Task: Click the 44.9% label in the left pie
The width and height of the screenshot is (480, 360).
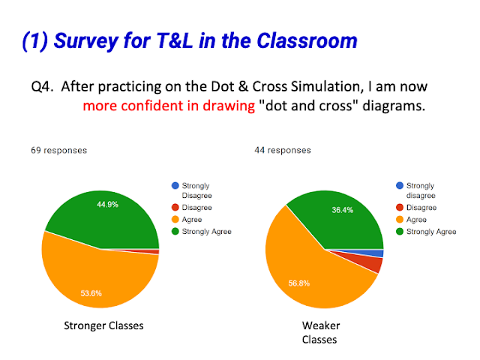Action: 107,205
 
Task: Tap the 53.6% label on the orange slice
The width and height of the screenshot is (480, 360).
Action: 91,293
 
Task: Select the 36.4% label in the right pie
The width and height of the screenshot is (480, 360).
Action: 343,210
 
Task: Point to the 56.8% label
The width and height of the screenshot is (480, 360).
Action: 299,283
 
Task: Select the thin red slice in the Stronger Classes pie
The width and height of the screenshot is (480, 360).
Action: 150,252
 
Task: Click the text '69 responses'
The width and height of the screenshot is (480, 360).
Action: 58,150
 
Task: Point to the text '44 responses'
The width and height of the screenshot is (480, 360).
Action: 283,150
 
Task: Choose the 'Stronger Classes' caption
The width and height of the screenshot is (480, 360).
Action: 103,325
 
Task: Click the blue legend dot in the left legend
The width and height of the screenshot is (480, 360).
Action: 175,185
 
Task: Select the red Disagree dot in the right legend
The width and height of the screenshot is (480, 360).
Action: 400,208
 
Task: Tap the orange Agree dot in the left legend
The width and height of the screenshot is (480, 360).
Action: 175,220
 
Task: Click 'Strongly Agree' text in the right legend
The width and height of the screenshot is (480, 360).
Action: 431,232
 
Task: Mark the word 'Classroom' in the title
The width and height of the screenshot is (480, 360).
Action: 307,40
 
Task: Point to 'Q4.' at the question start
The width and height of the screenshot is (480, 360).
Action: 42,87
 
